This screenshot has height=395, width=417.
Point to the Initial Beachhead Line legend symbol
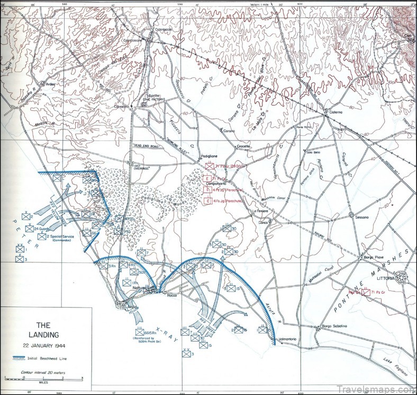[x=23, y=359]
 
